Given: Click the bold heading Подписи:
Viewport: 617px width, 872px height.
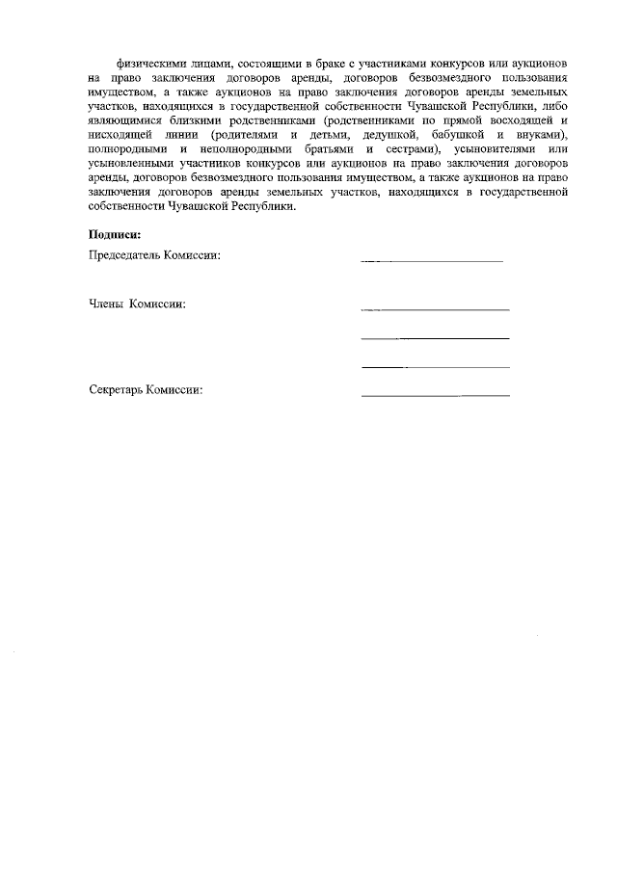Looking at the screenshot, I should [x=114, y=234].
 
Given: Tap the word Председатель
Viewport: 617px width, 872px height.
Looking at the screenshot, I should [x=124, y=255].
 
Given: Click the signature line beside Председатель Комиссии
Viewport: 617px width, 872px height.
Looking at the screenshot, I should [x=432, y=261].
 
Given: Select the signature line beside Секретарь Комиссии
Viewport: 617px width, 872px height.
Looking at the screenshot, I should [x=435, y=396].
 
